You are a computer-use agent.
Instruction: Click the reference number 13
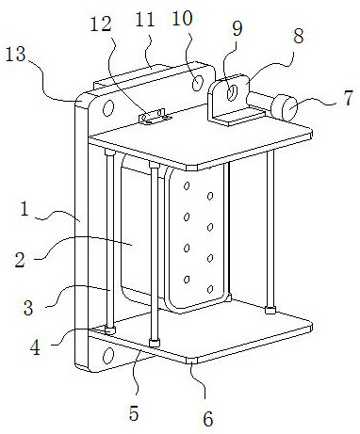coord(16,55)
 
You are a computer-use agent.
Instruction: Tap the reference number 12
coord(101,24)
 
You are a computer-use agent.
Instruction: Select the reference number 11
coord(145,19)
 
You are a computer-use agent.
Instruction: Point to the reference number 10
coord(182,18)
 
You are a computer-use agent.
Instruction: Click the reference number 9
coord(237,29)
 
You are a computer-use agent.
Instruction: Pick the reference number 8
coord(298,36)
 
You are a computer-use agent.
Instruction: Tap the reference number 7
coord(349,98)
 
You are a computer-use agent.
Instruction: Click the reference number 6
coord(207,419)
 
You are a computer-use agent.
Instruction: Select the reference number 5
coord(134,413)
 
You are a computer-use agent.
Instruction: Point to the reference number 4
coord(36,347)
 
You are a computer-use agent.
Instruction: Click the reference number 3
coord(28,308)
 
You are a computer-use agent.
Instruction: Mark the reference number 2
coord(20,260)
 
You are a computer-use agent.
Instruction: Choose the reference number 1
coord(25,209)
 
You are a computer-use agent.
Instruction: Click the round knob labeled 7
coord(285,108)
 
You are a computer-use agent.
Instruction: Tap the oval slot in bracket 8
coord(232,92)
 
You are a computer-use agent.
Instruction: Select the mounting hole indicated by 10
coord(197,83)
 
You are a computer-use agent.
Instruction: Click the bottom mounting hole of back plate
coord(108,356)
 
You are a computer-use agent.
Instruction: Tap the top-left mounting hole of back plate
coord(107,107)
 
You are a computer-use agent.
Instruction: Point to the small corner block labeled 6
coord(191,361)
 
